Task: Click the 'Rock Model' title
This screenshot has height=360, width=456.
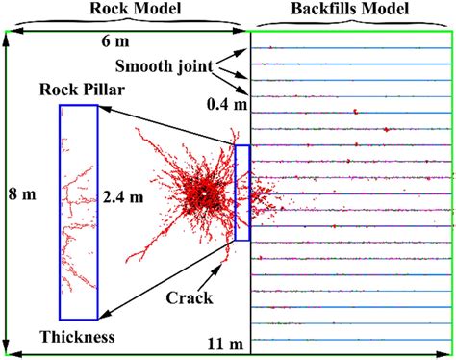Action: pyautogui.click(x=126, y=10)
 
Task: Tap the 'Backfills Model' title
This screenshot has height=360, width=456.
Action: pyautogui.click(x=351, y=10)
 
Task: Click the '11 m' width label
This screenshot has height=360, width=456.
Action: pyautogui.click(x=224, y=344)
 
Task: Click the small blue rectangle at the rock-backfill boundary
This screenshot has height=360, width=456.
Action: pyautogui.click(x=241, y=193)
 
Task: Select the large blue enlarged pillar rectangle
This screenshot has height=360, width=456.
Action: pyautogui.click(x=79, y=211)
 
